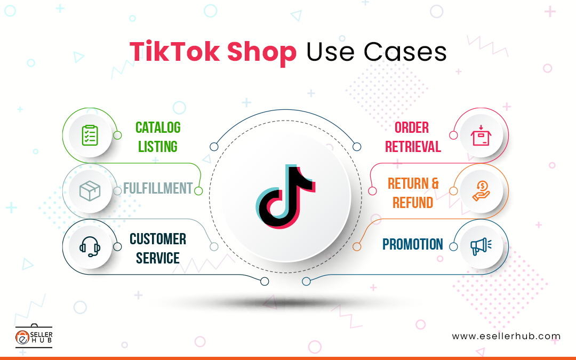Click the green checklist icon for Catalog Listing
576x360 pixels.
click(x=89, y=135)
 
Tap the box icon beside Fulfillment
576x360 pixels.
click(x=89, y=190)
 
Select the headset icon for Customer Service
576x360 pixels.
click(x=89, y=246)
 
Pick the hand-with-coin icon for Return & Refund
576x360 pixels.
click(x=479, y=190)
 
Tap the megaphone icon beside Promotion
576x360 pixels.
click(x=479, y=246)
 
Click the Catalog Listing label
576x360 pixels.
click(x=158, y=137)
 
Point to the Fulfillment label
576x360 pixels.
click(x=157, y=188)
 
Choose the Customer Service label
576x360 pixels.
click(x=158, y=249)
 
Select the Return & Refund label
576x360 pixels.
click(x=413, y=193)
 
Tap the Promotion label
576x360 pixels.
click(x=413, y=245)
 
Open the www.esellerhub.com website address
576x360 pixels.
click(x=506, y=337)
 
